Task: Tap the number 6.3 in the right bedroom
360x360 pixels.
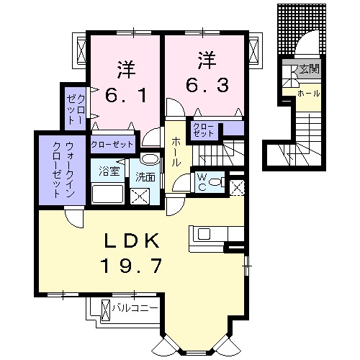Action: pyautogui.click(x=207, y=85)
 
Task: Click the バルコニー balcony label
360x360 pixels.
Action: pyautogui.click(x=135, y=309)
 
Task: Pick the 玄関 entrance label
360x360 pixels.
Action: pyautogui.click(x=309, y=70)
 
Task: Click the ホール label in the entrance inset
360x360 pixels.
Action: pyautogui.click(x=309, y=94)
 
